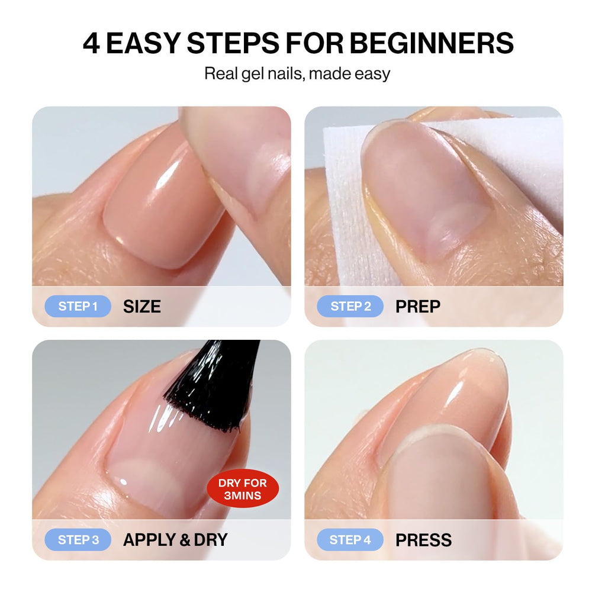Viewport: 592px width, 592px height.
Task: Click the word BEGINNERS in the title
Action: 432,43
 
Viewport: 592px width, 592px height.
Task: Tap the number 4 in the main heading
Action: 91,43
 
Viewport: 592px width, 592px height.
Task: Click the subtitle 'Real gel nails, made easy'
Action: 297,73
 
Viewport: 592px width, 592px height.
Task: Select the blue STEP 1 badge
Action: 78,306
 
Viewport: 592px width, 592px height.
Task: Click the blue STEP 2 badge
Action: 350,306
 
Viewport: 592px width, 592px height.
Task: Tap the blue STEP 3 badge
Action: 78,540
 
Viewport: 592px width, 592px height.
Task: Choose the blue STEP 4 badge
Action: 350,540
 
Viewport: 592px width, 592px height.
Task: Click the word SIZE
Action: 142,307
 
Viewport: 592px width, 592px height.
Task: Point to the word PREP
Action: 418,307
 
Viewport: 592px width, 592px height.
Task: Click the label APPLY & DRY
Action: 176,540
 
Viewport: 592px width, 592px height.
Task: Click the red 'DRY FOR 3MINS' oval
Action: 243,489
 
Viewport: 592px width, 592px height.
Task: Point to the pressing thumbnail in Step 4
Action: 442,480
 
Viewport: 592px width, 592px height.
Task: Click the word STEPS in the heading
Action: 233,43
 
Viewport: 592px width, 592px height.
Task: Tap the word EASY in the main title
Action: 143,43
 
